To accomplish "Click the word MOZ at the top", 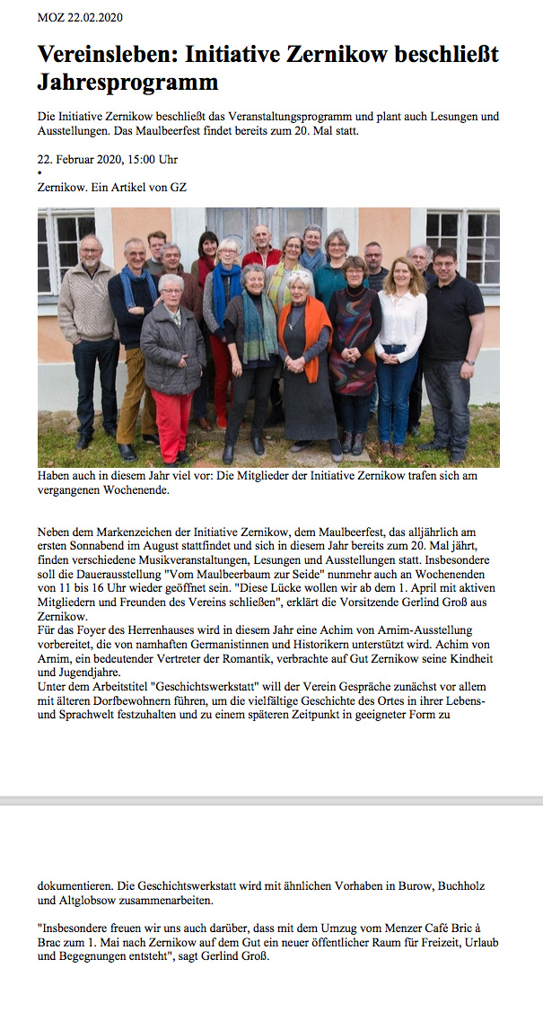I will coord(49,17).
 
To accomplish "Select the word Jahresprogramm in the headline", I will coord(127,83).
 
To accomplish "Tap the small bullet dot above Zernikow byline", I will coord(39,173).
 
